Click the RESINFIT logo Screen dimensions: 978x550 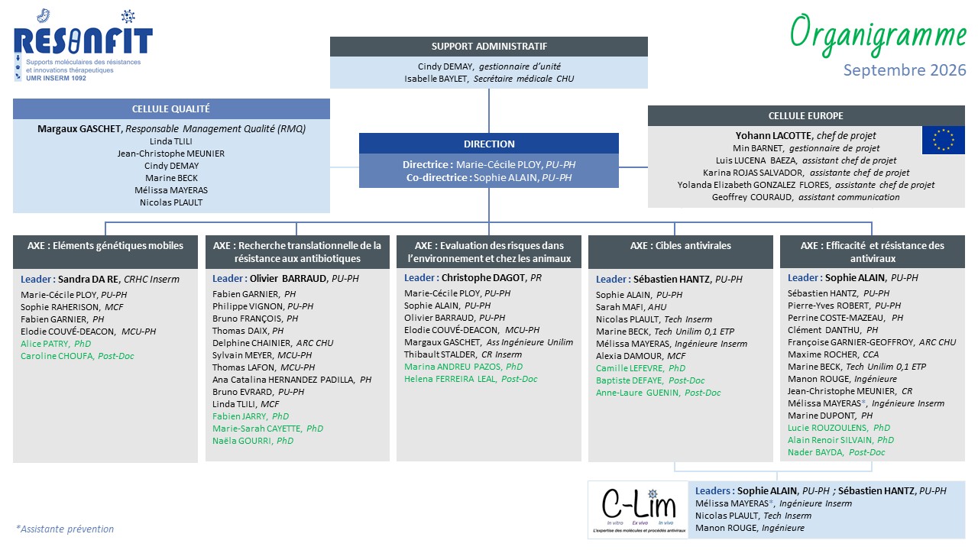pos(83,45)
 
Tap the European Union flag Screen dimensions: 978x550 pos(943,140)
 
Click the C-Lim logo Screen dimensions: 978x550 pos(638,510)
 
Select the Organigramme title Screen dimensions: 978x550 pos(878,35)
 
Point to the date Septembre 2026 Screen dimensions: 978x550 pos(905,70)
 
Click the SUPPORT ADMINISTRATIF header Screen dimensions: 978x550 pos(489,47)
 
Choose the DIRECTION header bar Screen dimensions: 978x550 pos(489,144)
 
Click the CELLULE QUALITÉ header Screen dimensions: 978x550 pos(171,108)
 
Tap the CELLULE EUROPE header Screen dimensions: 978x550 pos(806,115)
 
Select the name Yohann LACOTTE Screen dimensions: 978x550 pos(772,136)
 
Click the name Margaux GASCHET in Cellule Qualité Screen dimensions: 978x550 pos(79,129)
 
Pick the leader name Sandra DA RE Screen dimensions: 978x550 pos(88,280)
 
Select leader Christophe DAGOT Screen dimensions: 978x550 pos(484,277)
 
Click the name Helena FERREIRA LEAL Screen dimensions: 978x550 pos(450,379)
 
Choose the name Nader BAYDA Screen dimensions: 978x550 pos(815,452)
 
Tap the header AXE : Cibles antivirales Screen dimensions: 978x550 pos(680,246)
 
